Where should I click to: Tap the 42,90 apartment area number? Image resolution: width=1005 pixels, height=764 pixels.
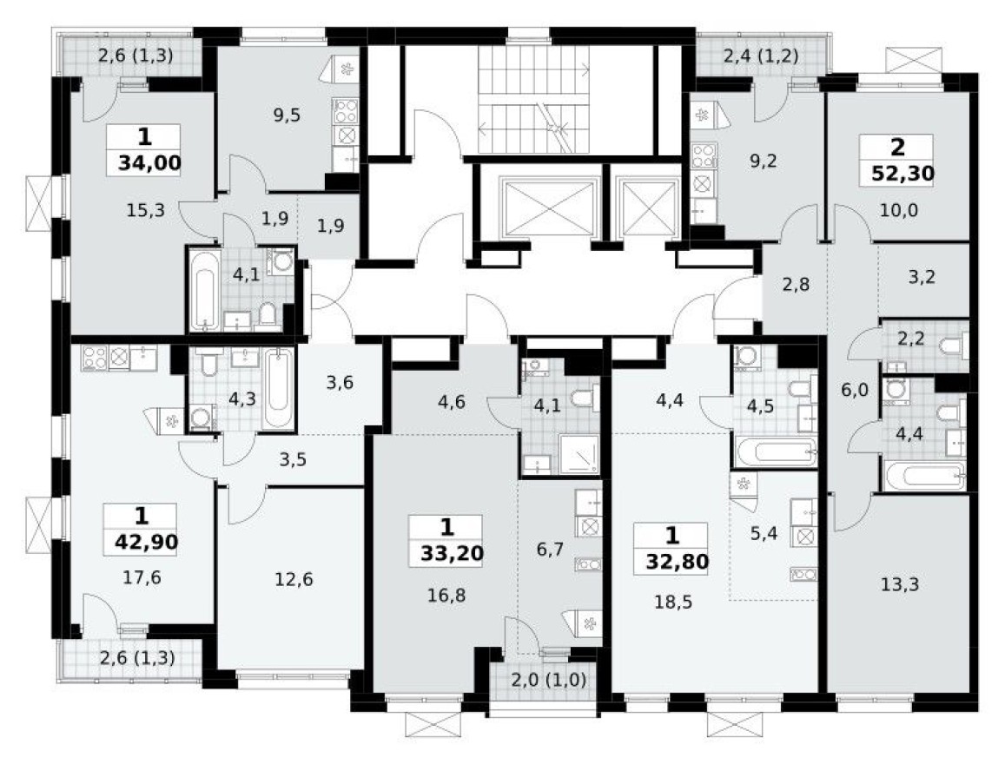(x=146, y=543)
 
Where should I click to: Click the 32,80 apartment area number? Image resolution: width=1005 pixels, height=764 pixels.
(x=677, y=560)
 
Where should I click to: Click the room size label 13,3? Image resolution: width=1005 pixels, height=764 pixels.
(x=897, y=583)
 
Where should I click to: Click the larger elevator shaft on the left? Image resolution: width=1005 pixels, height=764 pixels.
(x=539, y=207)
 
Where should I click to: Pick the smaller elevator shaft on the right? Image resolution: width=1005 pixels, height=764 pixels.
(x=644, y=207)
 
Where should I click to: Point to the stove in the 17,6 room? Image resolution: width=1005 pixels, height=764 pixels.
(x=94, y=357)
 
